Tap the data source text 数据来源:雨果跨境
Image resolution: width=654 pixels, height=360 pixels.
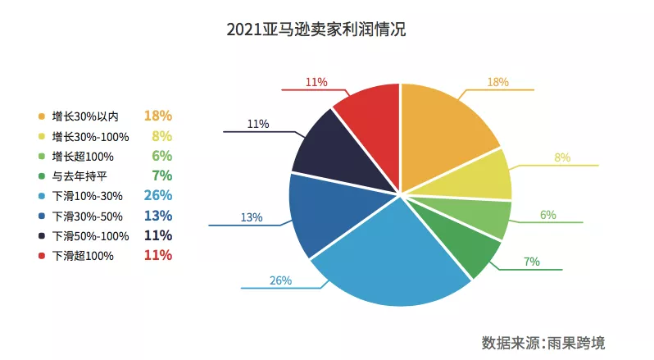543,341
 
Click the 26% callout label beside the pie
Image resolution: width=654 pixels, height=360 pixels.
280,280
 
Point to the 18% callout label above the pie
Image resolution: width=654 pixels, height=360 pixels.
497,82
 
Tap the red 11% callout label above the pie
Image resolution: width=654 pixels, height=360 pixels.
316,82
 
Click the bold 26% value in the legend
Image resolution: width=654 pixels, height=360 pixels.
157,195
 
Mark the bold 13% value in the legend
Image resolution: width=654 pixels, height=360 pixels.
157,216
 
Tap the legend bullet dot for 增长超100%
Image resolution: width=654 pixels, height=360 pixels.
41,157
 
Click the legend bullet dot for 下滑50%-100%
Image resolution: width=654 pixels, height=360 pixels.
41,236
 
